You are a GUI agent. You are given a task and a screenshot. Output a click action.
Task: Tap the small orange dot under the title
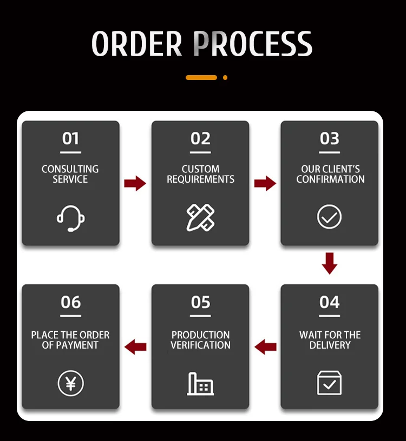click(x=225, y=78)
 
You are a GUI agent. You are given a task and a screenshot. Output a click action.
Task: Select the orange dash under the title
click(x=201, y=78)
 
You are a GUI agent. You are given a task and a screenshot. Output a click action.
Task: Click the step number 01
click(x=70, y=139)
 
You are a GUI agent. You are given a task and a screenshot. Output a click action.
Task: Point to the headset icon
click(x=70, y=217)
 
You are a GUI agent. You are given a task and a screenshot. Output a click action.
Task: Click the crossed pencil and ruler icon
click(x=200, y=217)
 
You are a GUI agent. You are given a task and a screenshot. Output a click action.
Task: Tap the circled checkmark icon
click(x=330, y=217)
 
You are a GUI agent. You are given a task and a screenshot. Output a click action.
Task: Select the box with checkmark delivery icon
click(x=330, y=383)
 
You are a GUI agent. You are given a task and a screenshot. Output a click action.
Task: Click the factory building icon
click(x=200, y=383)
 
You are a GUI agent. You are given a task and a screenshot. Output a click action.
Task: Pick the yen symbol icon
click(x=70, y=383)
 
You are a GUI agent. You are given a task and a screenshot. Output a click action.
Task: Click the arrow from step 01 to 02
click(x=135, y=183)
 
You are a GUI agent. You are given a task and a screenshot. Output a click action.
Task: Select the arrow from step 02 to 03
click(x=265, y=183)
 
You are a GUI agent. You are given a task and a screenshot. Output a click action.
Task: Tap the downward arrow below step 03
click(x=330, y=263)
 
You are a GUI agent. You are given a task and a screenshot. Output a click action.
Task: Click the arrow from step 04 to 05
click(x=265, y=346)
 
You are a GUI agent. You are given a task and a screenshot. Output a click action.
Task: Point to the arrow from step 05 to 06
click(x=135, y=346)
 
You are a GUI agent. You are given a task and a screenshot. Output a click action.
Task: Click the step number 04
click(x=330, y=302)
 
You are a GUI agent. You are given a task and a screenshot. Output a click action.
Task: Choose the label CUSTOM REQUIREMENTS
click(x=200, y=174)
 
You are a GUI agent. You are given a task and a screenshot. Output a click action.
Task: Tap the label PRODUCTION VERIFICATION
click(x=200, y=340)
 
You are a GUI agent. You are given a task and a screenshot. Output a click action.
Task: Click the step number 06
click(x=70, y=302)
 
